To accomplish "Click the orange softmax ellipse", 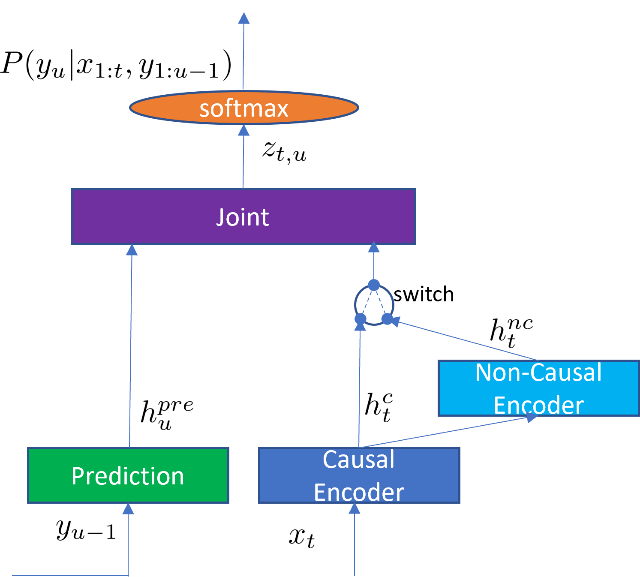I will (243, 108).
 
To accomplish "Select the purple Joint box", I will (243, 216).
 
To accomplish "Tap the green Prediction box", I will (128, 475).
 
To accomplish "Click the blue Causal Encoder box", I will (359, 475).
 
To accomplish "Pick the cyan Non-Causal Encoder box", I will (538, 388).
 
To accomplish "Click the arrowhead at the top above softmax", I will (244, 18).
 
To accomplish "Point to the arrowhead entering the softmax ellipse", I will (244, 130).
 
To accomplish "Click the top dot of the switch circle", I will (374, 285).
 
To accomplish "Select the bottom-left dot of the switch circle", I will (361, 319).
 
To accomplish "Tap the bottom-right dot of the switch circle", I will (387, 319).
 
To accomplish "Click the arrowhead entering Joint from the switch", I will (374, 247).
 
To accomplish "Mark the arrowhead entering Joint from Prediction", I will (132, 250).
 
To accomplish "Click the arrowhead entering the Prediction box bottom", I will (128, 509).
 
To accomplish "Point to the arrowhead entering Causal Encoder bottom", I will (355, 509).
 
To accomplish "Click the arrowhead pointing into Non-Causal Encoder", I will (532, 417).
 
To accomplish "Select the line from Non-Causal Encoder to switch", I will (467, 341).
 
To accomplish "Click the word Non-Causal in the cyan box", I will (538, 372).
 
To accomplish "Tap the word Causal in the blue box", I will (359, 460).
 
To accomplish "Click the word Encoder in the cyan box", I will (538, 405).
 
